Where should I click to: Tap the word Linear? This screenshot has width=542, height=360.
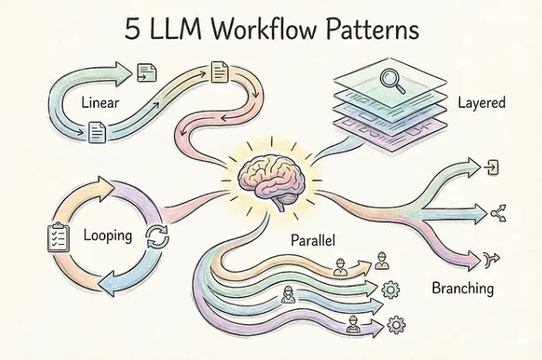[x=102, y=103]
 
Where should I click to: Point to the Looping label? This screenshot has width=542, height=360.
[x=108, y=236]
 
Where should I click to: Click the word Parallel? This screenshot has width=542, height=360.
[x=313, y=241]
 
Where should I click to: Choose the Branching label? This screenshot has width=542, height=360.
[x=462, y=288]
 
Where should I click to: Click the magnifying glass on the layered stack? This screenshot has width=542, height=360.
[x=391, y=81]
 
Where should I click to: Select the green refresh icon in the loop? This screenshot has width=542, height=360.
[x=155, y=238]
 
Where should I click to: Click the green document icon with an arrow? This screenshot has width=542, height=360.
[x=147, y=73]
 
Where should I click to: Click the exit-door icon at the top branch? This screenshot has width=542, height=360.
[x=492, y=168]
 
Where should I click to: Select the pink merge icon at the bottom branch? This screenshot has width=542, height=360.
[x=491, y=259]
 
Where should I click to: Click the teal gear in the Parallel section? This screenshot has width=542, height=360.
[x=389, y=289]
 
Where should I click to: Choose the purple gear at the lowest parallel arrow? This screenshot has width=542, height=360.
[x=397, y=324]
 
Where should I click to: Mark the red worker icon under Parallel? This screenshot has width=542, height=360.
[x=381, y=262]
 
